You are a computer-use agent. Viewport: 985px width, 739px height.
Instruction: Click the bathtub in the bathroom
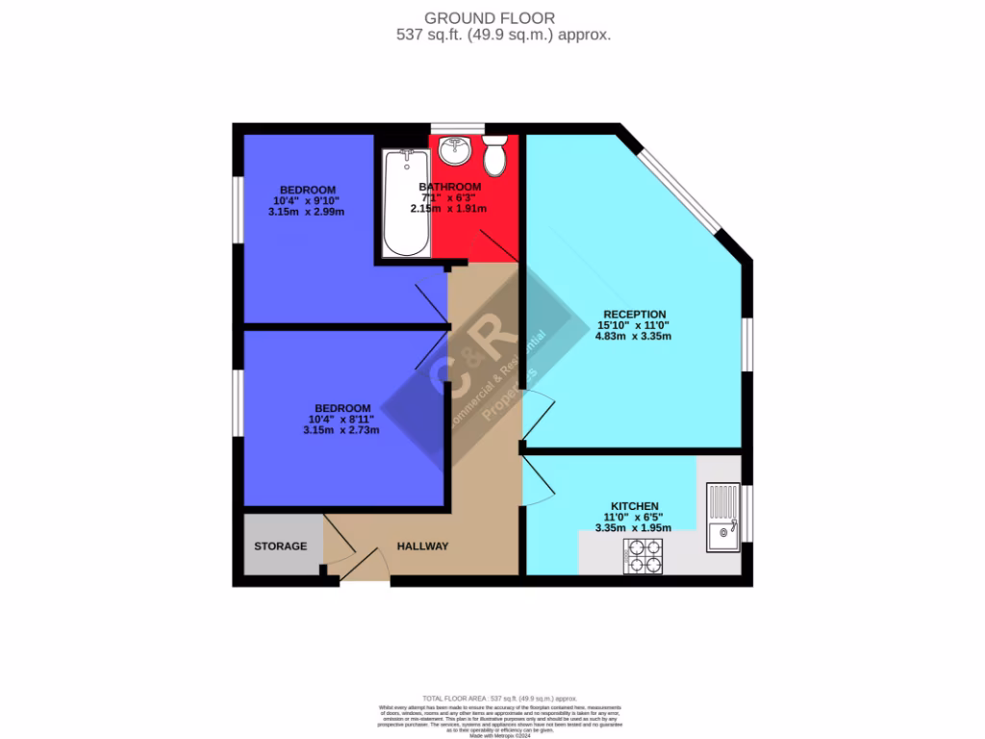pos(405,203)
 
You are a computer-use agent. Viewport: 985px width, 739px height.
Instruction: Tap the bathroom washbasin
pos(452,150)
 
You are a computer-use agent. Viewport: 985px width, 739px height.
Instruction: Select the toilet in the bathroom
pos(494,155)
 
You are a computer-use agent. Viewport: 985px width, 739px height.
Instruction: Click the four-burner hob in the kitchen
pos(643,555)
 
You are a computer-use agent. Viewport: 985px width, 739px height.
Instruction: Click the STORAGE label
pos(281,547)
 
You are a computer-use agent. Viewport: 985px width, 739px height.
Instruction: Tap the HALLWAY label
pos(423,547)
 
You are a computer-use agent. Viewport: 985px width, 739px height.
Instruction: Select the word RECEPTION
pos(634,314)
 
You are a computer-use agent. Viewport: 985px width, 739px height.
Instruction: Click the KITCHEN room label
pos(635,506)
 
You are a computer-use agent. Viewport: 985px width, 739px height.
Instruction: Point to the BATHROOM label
pos(449,187)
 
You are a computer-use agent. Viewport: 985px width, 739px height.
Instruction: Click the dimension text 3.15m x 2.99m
pos(308,212)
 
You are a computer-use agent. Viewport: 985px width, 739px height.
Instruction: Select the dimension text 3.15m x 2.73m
pos(341,430)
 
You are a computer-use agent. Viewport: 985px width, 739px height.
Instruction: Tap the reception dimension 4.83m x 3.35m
pos(634,337)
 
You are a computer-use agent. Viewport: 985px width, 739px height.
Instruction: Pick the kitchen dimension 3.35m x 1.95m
pos(634,528)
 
